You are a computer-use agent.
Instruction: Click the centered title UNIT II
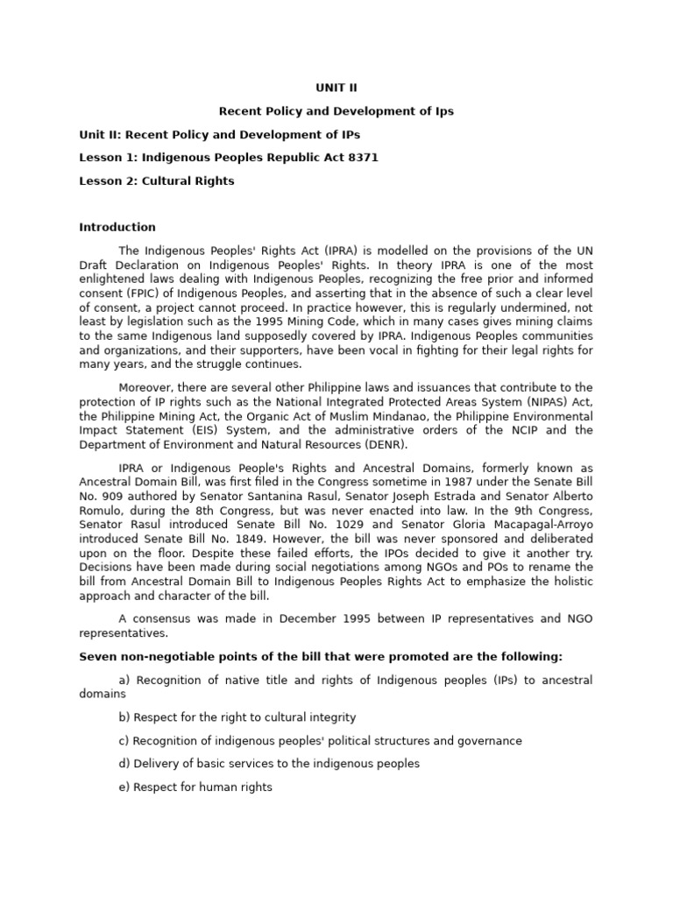point(336,88)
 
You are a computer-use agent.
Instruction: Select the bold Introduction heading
point(117,227)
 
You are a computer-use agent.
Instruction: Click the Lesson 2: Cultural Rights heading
point(157,181)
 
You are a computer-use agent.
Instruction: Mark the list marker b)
point(124,717)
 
